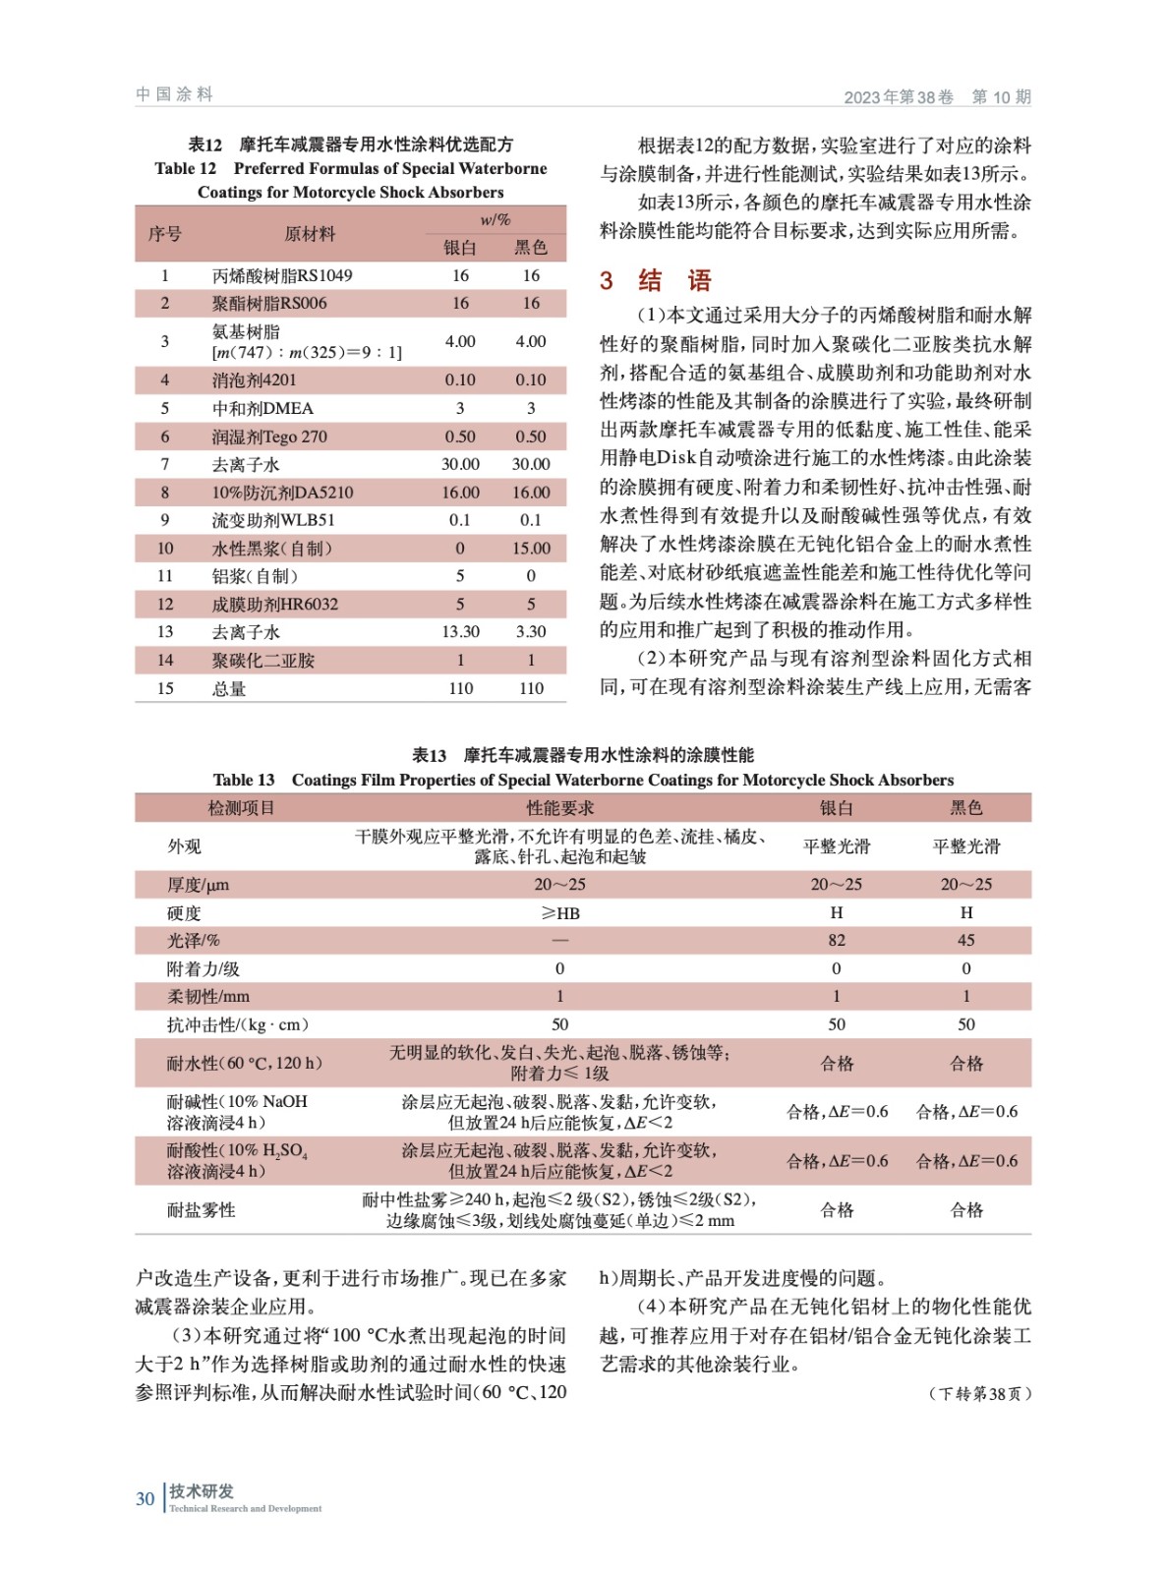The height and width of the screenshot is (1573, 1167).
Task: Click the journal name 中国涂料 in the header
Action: click(x=174, y=94)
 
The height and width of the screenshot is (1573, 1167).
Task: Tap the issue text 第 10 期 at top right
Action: click(x=1001, y=96)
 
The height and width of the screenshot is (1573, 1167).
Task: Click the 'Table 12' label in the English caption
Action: click(x=185, y=168)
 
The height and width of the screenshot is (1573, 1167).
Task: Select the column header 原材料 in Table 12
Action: click(x=310, y=234)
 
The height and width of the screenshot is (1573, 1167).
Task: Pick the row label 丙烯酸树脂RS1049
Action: click(x=282, y=275)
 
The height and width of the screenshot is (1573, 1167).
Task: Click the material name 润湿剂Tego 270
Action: click(x=269, y=437)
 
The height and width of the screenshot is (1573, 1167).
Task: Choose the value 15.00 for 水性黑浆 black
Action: click(x=531, y=548)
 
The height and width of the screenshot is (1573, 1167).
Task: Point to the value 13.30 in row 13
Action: click(x=460, y=631)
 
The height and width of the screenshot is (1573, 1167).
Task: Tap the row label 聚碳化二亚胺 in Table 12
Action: click(x=263, y=660)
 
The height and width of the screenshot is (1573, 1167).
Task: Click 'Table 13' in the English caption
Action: click(x=244, y=780)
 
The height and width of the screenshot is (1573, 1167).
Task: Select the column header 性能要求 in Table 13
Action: click(x=559, y=807)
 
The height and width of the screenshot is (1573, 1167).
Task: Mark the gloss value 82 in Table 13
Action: click(x=837, y=940)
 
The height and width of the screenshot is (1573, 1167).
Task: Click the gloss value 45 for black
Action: click(x=965, y=940)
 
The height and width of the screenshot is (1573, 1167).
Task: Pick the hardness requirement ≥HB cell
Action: click(x=559, y=913)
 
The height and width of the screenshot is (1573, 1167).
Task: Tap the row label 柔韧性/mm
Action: click(x=208, y=996)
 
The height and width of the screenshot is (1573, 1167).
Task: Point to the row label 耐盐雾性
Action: click(x=202, y=1209)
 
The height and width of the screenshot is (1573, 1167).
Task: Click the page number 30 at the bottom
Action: click(x=146, y=1498)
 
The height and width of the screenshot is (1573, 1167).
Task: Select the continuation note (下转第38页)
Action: click(x=979, y=1393)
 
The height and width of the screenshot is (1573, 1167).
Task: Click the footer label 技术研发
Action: click(x=202, y=1490)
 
